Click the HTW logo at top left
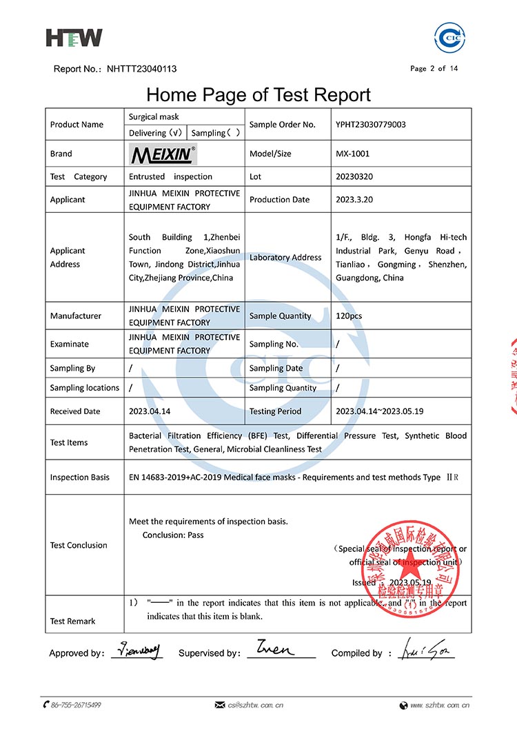[x=74, y=37]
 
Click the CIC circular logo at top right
[x=451, y=38]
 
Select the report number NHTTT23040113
[x=141, y=69]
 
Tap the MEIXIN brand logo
[x=163, y=154]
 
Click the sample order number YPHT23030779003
[x=370, y=125]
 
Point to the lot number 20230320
[x=354, y=176]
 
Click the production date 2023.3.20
[x=355, y=200]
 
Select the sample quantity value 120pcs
[x=349, y=316]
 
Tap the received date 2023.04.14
[x=149, y=411]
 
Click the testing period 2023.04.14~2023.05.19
[x=379, y=411]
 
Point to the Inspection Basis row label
[x=79, y=477]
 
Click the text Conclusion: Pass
[x=173, y=535]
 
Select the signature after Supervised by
[x=275, y=649]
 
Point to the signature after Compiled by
[x=425, y=650]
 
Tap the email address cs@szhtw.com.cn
[x=256, y=705]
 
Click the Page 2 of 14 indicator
[x=434, y=68]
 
